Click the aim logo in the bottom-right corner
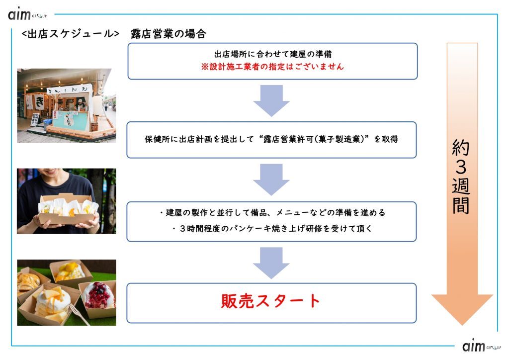tap(482, 346)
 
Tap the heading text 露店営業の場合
tap(168, 34)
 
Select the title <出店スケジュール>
tap(70, 34)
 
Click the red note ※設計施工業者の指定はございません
tap(272, 67)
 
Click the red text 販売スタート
tap(270, 301)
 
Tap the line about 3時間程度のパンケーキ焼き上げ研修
tap(272, 229)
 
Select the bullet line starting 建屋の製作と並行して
tap(272, 213)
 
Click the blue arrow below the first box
tap(271, 100)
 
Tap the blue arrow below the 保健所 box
tap(271, 180)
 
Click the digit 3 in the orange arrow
tap(461, 167)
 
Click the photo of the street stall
tap(67, 105)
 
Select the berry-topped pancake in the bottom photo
tap(98, 296)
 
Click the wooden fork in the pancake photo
tap(78, 314)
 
